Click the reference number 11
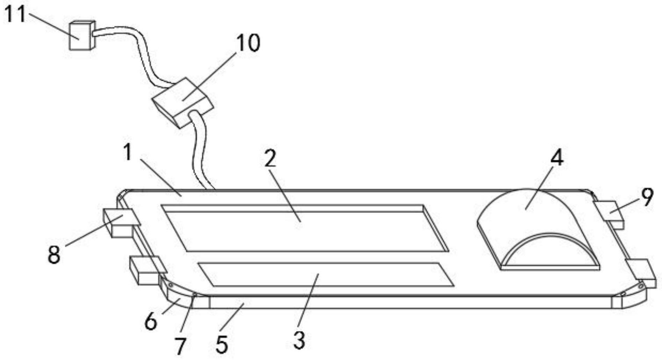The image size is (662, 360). tap(15, 15)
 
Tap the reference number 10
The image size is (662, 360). tap(248, 43)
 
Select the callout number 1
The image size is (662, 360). tap(128, 153)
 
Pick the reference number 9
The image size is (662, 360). tap(647, 197)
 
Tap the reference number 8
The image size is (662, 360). tap(54, 254)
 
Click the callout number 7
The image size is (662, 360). tap(180, 346)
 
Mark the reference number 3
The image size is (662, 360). tap(299, 340)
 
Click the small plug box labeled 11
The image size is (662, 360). tap(81, 36)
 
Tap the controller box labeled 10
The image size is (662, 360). tap(182, 102)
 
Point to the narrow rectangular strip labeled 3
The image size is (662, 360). tap(325, 275)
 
